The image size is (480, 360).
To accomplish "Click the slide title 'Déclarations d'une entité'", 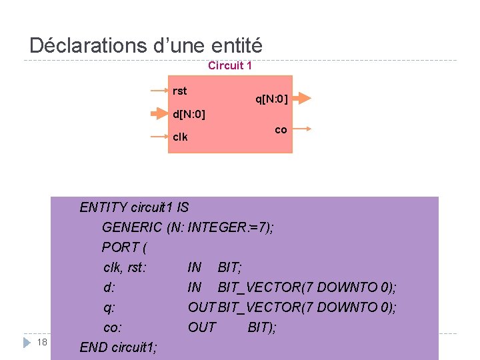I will (x=146, y=46).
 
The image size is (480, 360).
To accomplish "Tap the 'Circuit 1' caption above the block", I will (x=229, y=65).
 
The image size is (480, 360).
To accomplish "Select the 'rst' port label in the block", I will (x=180, y=91).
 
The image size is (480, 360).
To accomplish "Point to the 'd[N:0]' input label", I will (x=189, y=115).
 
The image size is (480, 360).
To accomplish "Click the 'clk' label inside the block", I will (x=180, y=137).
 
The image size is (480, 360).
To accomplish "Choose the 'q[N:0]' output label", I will (x=271, y=99).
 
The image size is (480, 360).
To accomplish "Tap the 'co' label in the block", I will (x=281, y=129).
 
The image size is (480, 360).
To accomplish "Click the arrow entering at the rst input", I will (x=159, y=90).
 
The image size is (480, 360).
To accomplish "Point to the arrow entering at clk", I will (x=159, y=137).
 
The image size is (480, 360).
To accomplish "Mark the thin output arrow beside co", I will (x=301, y=129).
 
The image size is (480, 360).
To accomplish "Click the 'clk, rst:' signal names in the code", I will (x=125, y=267).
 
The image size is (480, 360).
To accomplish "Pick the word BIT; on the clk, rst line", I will (x=230, y=267).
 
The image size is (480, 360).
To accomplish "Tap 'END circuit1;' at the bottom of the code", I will (x=119, y=347).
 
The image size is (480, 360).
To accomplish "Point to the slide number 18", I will (x=42, y=342).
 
